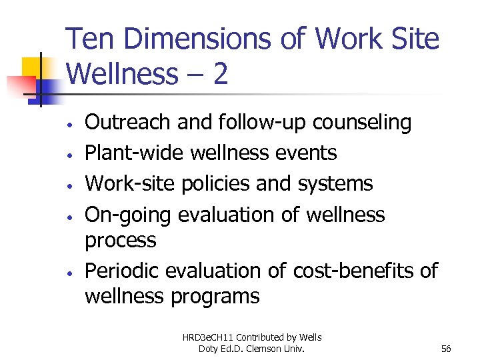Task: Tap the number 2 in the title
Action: point(220,74)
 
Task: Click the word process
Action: point(121,240)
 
